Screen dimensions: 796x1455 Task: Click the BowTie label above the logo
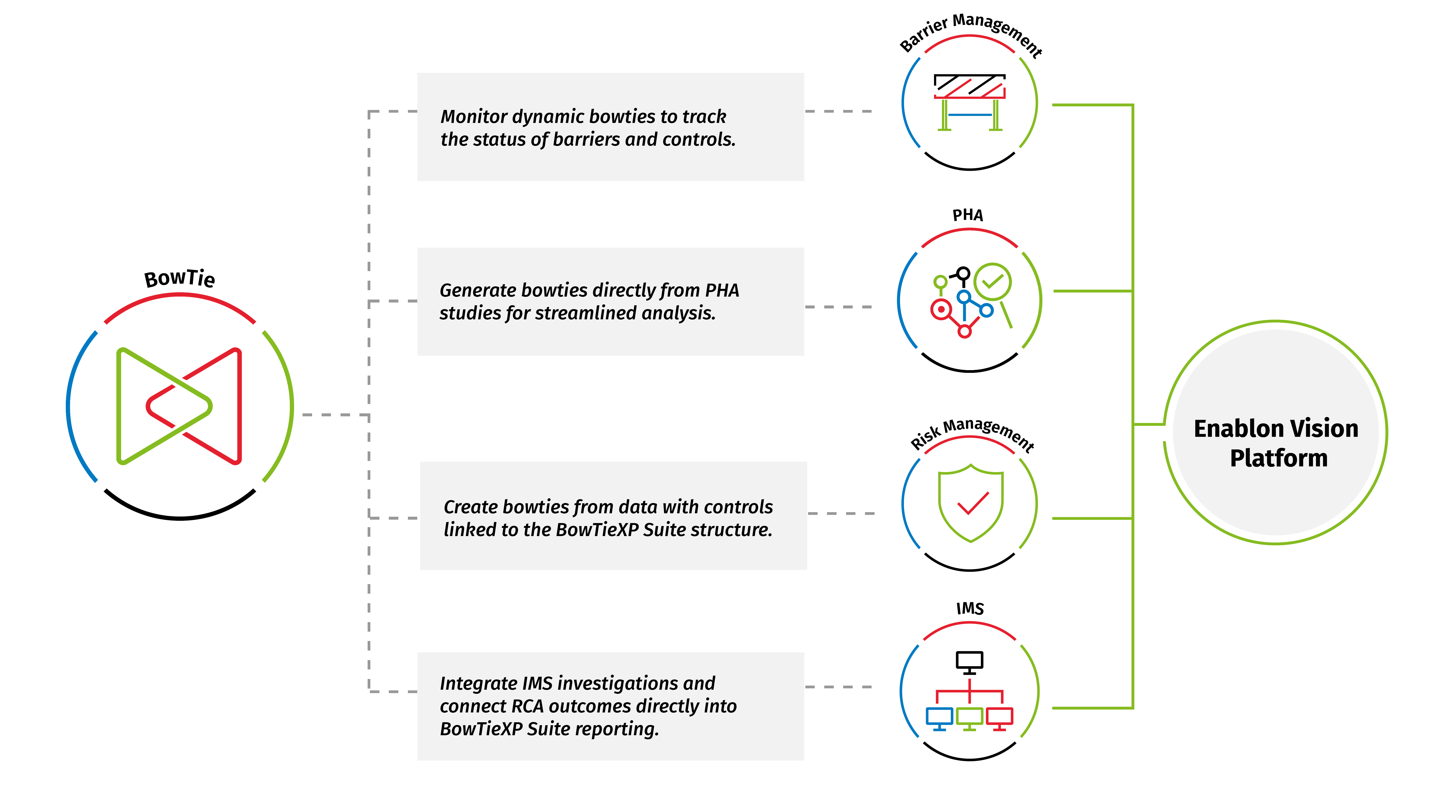pyautogui.click(x=180, y=279)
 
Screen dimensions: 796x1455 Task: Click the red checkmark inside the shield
pyautogui.click(x=973, y=503)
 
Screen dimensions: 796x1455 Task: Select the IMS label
pyautogui.click(x=970, y=608)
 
